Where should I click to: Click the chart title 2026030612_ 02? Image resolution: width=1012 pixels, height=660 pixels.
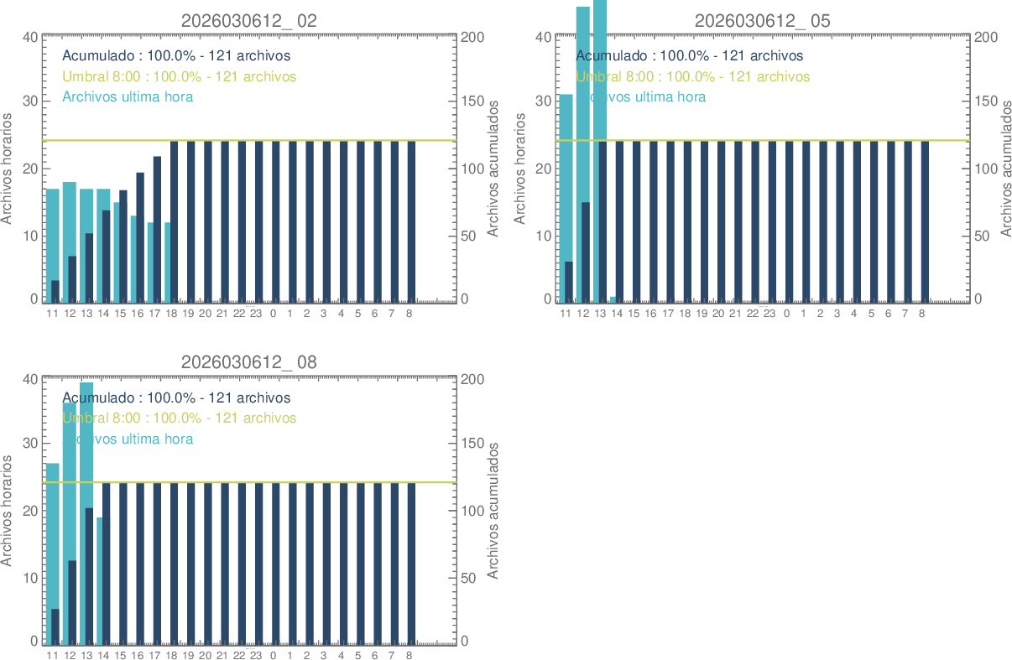pos(249,21)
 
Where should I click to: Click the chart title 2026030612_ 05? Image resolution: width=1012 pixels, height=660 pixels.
pos(762,21)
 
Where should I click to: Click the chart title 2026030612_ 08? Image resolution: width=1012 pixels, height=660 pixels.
pos(249,362)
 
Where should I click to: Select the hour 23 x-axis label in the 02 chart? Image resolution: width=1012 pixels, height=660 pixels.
pos(256,314)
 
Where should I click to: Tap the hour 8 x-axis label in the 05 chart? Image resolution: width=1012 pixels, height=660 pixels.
pos(921,314)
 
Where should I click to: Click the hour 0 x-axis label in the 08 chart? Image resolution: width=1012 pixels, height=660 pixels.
pos(273,656)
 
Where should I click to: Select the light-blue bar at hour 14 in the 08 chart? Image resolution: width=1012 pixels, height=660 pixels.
pos(99,579)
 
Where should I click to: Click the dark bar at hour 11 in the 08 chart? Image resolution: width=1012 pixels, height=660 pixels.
pos(55,626)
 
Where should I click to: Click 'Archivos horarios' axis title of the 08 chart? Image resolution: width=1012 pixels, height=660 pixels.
pos(8,511)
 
